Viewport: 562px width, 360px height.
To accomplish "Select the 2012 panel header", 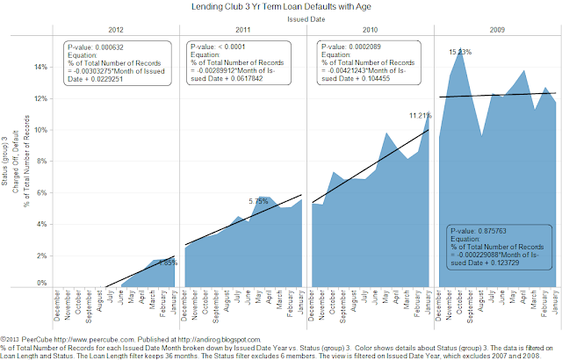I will coord(113,29).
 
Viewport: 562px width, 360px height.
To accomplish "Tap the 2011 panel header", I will coord(241,29).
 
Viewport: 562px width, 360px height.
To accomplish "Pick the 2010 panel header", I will coord(369,29).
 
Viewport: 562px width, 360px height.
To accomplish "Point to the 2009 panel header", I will coord(498,29).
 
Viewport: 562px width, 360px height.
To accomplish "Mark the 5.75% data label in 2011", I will coord(260,201).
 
